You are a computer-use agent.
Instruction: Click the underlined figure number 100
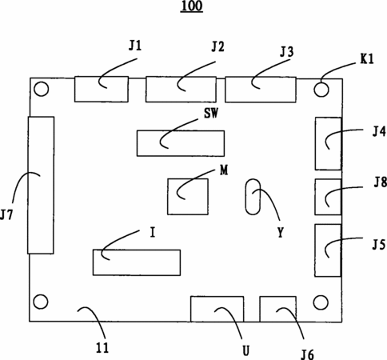click(x=192, y=6)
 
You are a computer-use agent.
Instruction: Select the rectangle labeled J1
click(x=102, y=89)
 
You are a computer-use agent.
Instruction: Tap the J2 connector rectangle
click(x=181, y=90)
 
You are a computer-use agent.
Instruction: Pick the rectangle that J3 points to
click(x=261, y=90)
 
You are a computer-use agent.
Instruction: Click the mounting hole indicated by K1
click(x=321, y=90)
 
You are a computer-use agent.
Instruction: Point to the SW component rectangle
click(x=181, y=143)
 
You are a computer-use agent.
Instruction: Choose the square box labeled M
click(x=188, y=197)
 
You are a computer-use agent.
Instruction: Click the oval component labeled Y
click(x=253, y=197)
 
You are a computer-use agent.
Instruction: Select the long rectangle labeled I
click(x=137, y=262)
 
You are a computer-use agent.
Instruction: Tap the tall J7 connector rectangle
click(x=41, y=185)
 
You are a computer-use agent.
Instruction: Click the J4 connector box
click(x=328, y=143)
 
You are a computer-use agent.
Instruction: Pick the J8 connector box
click(x=328, y=197)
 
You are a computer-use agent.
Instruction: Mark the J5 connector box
click(x=328, y=250)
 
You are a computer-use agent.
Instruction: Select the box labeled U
click(x=217, y=309)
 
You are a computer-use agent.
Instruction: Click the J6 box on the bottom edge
click(x=278, y=309)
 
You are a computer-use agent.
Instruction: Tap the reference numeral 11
click(x=102, y=347)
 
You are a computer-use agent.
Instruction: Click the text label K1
click(x=367, y=58)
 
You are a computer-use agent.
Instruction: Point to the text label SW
click(x=211, y=113)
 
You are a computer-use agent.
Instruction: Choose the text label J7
click(x=6, y=214)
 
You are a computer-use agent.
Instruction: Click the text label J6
click(x=308, y=354)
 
